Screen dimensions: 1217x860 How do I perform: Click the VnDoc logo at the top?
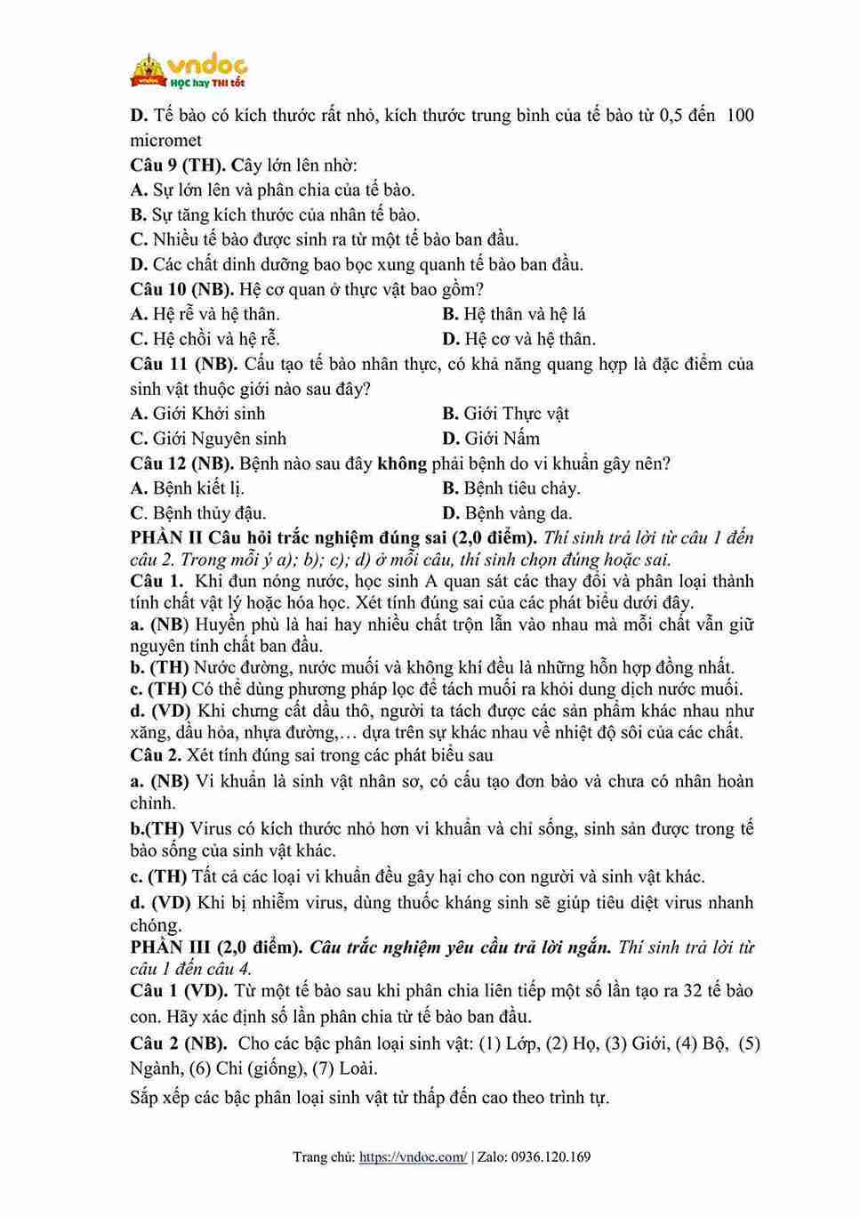[x=188, y=70]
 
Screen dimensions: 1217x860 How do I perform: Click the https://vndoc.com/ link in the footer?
[x=413, y=1157]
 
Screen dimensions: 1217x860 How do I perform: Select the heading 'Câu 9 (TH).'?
[x=178, y=165]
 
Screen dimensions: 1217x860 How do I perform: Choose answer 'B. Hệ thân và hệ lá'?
[x=513, y=314]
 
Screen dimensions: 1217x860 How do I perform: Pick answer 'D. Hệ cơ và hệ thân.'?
[x=518, y=339]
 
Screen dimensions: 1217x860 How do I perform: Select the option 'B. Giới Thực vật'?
[x=505, y=414]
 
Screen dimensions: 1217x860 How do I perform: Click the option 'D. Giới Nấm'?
[x=490, y=439]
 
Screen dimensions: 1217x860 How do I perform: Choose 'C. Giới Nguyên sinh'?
[x=208, y=439]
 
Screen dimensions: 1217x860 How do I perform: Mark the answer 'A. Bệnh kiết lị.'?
[x=187, y=488]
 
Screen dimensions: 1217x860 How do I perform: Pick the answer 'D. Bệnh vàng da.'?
[x=507, y=513]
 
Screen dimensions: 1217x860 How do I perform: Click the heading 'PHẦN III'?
[x=171, y=947]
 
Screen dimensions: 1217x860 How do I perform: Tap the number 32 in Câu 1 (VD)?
[x=693, y=991]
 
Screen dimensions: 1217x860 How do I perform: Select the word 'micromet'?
[x=166, y=140]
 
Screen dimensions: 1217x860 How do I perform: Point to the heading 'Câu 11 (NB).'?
[x=183, y=364]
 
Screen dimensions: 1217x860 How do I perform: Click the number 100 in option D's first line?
[x=739, y=115]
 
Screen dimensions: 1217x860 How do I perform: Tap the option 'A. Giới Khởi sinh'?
[x=197, y=414]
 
